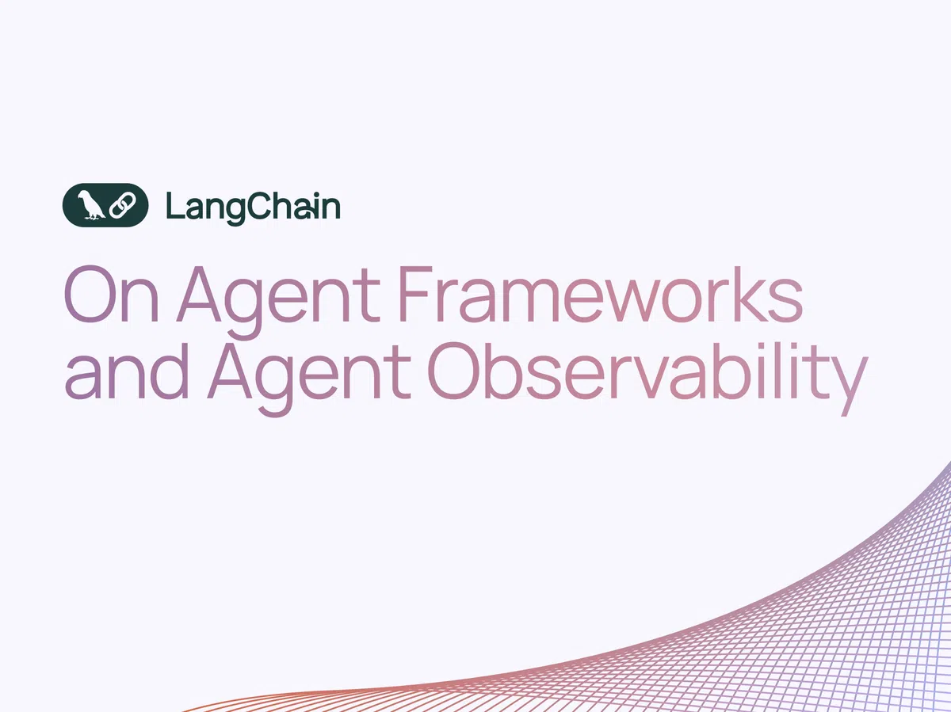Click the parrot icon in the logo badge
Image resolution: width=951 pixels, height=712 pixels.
(x=93, y=205)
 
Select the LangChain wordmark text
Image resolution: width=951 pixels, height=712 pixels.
(x=253, y=207)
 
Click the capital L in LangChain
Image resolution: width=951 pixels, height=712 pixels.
(x=174, y=206)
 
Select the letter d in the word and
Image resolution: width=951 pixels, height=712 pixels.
(x=172, y=374)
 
